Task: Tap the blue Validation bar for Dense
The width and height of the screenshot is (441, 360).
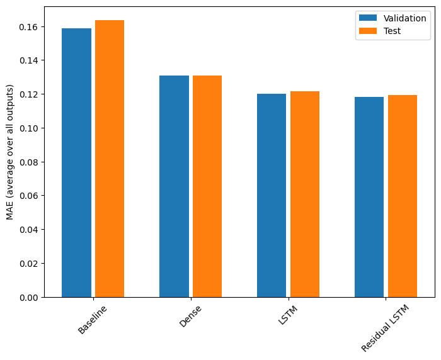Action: point(174,186)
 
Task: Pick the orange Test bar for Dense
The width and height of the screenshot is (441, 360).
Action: point(207,186)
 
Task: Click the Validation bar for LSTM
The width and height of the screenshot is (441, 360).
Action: point(272,195)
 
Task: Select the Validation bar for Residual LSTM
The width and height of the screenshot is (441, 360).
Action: point(369,197)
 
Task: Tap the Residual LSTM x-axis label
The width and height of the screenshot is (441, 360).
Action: point(386,328)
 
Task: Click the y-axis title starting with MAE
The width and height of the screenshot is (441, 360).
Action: point(9,152)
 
